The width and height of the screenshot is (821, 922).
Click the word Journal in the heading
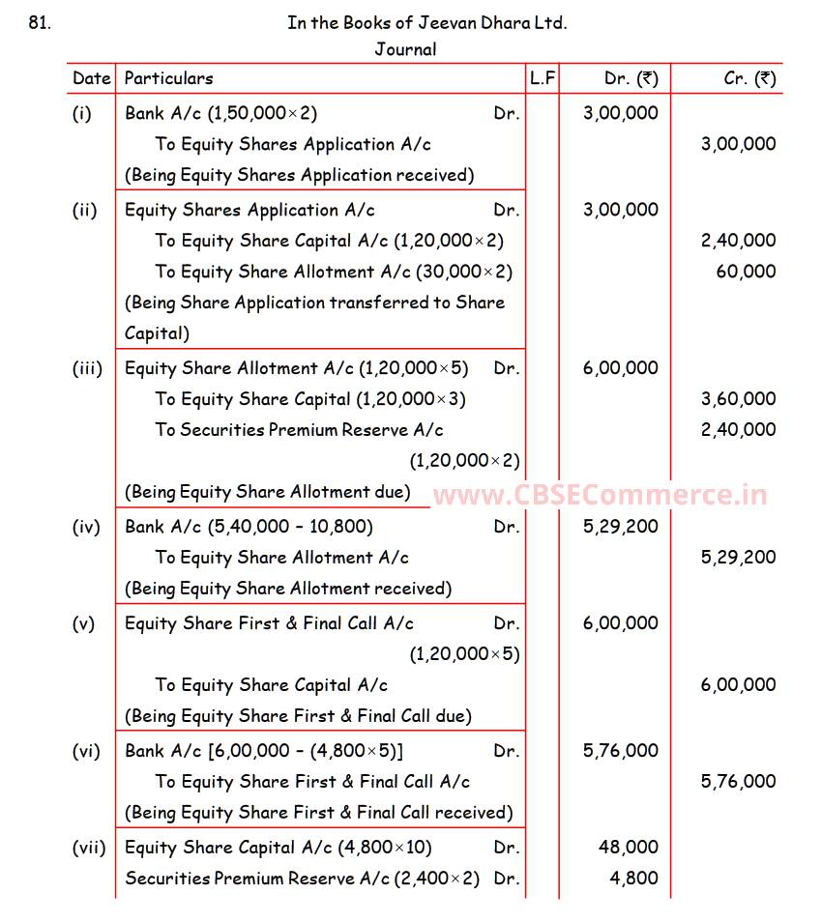pyautogui.click(x=405, y=49)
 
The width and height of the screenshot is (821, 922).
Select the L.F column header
pyautogui.click(x=542, y=78)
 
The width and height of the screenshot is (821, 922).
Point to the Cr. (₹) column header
pyautogui.click(x=749, y=78)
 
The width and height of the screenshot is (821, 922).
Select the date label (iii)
pyautogui.click(x=87, y=368)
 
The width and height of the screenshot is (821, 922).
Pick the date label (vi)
pyautogui.click(x=86, y=751)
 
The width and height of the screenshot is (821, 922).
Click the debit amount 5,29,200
pyautogui.click(x=621, y=527)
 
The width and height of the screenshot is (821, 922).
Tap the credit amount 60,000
pyautogui.click(x=746, y=272)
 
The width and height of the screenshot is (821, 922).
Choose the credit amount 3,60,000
pyautogui.click(x=738, y=399)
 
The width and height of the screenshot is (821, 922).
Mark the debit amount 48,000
pyautogui.click(x=629, y=848)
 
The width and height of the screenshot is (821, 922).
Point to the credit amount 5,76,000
pyautogui.click(x=738, y=782)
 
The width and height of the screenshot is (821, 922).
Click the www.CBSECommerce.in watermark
pyautogui.click(x=600, y=496)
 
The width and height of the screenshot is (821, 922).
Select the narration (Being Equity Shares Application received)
pyautogui.click(x=300, y=175)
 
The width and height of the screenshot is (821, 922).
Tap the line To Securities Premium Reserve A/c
pyautogui.click(x=300, y=430)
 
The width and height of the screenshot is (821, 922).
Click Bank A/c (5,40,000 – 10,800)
pyautogui.click(x=249, y=527)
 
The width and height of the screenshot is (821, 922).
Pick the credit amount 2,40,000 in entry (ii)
pyautogui.click(x=738, y=241)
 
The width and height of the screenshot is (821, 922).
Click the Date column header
pyautogui.click(x=92, y=78)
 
